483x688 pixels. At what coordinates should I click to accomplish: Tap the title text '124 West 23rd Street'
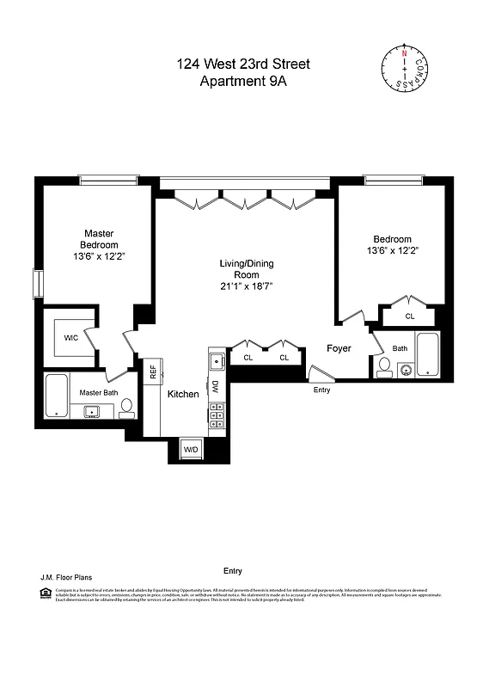tap(242, 64)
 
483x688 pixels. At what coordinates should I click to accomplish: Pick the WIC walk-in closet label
tap(70, 338)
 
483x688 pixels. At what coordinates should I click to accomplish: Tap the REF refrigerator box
tap(153, 372)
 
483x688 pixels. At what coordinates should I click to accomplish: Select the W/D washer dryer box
tap(190, 448)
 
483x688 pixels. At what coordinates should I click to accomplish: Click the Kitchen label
tap(183, 394)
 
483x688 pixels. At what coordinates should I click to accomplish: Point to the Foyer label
tap(339, 348)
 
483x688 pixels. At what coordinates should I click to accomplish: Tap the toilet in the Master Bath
tap(126, 406)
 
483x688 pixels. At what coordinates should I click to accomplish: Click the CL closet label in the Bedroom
tap(410, 316)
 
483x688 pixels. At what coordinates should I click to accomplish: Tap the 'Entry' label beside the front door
tap(321, 390)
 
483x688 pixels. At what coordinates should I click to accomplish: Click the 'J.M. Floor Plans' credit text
tap(60, 578)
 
